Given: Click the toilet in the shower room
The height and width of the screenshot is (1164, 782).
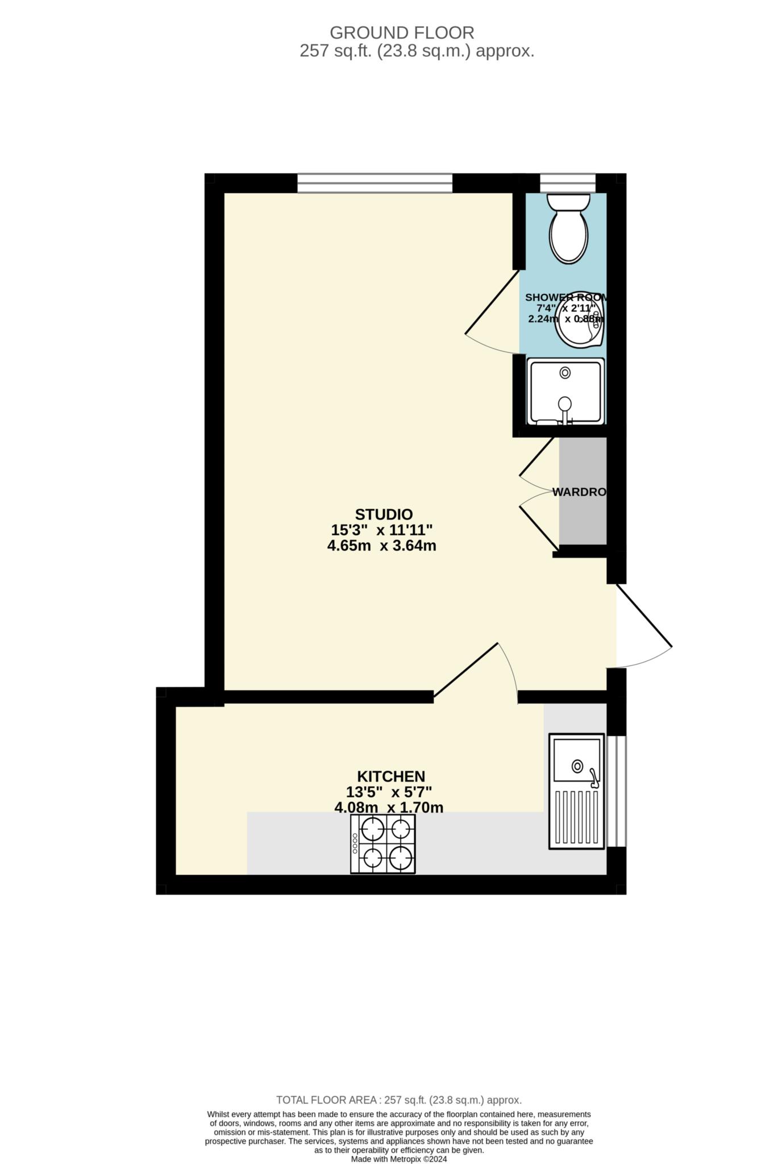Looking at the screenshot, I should coord(568,229).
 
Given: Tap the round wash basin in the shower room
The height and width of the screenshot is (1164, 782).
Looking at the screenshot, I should coord(578,320).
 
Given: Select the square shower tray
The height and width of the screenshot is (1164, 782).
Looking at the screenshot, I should coord(565,391).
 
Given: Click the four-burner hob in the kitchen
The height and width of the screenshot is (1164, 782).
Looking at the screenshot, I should coord(383,843).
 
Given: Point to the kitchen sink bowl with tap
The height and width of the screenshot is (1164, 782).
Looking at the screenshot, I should coord(577,760).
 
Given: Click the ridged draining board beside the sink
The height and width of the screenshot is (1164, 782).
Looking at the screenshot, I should coord(576,817).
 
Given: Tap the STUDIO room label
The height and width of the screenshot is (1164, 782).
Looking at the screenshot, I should coord(384,514).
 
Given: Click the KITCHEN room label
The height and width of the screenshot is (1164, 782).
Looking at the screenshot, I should coord(391,776).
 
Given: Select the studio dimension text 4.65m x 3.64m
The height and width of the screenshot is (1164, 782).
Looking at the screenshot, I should coord(382,546).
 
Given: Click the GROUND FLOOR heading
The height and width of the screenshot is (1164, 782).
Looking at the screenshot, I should coord(402,32).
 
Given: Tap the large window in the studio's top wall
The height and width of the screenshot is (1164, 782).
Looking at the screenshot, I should coord(375,183).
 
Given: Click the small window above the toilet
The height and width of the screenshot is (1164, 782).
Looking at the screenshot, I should coord(567,183).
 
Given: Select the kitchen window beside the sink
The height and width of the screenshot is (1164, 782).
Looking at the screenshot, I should coord(616,791).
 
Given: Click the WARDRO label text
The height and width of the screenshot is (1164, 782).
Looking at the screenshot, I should coord(579,492).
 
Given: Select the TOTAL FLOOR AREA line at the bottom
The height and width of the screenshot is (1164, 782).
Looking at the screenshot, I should coord(398,1100).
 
